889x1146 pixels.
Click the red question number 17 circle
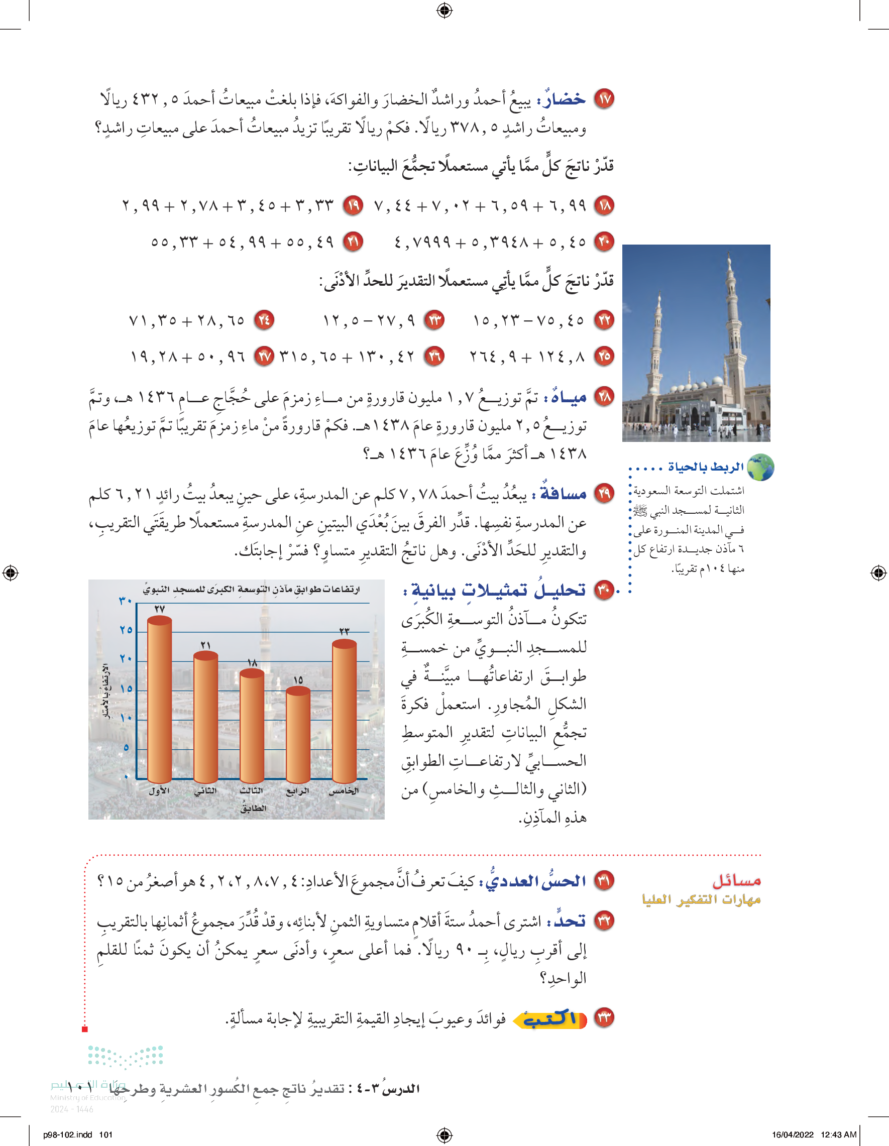coord(604,98)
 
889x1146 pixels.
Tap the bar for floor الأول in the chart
coord(160,701)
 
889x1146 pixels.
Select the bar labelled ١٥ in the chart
coord(298,735)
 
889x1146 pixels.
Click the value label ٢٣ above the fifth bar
coord(344,631)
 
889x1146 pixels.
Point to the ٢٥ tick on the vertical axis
coord(126,630)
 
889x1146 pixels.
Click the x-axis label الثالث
coord(251,791)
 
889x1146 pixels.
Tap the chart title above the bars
coord(251,590)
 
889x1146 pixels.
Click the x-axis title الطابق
coord(254,809)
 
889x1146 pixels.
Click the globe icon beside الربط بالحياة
coord(760,468)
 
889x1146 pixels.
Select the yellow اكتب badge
coord(549,1019)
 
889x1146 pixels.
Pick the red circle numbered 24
coord(264,319)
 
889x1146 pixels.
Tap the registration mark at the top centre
coord(444,10)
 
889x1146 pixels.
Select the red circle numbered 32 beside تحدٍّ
coord(604,922)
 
